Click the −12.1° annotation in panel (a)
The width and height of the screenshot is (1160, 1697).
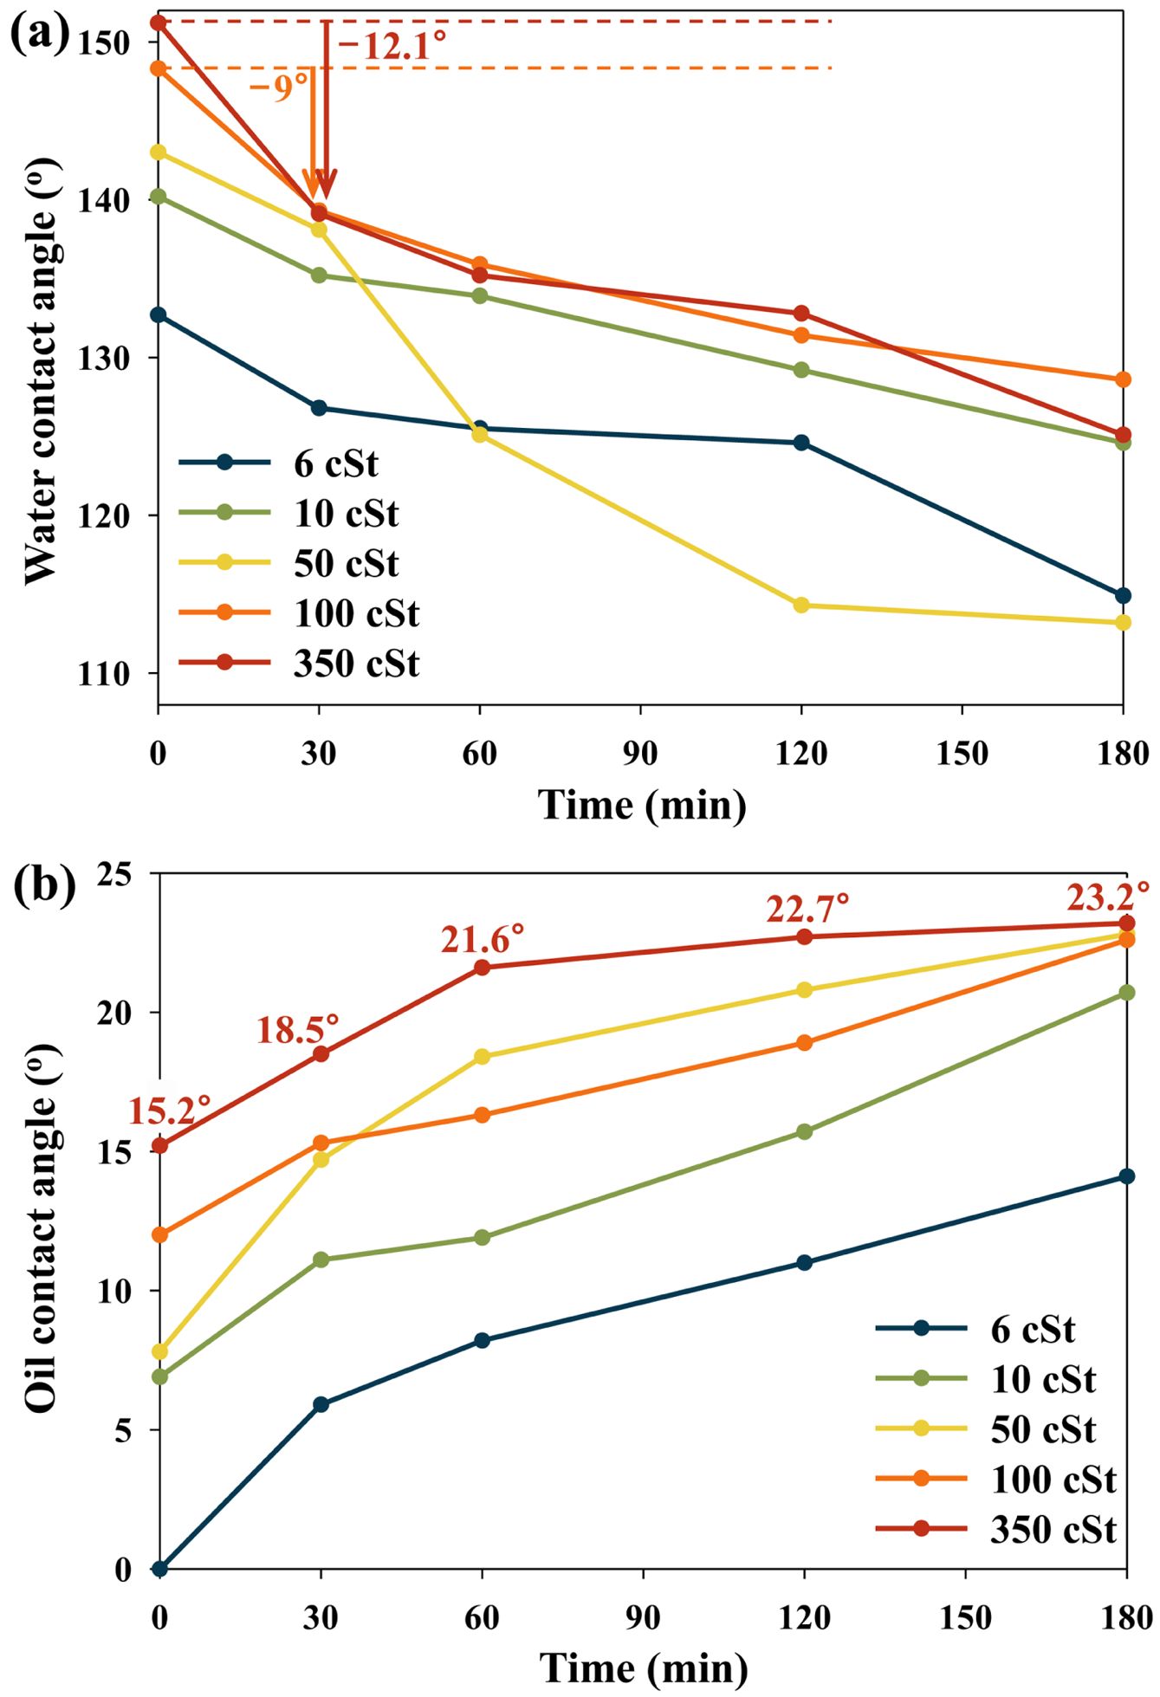point(392,45)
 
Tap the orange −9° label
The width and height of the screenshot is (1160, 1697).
point(278,87)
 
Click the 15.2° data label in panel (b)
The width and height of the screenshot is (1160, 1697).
point(170,1110)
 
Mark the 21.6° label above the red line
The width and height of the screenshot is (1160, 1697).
point(483,938)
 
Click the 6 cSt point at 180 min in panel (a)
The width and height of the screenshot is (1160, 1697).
point(1123,595)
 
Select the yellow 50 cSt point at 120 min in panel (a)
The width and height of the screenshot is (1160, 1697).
point(801,605)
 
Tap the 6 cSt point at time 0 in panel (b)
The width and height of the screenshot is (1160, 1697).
point(159,1569)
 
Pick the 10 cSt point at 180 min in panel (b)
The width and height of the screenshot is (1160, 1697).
point(1126,993)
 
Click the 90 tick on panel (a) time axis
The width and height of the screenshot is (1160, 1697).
point(640,753)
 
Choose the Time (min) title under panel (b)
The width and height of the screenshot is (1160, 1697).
point(644,1667)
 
